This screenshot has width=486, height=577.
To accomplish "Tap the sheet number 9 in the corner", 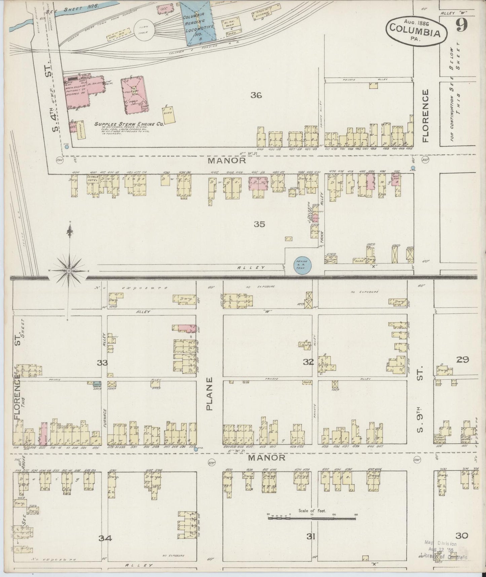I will [x=465, y=26].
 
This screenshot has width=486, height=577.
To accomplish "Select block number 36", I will [x=256, y=95].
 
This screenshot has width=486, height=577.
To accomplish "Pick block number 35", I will [x=259, y=224].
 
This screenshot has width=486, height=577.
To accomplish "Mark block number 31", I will [x=310, y=536].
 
